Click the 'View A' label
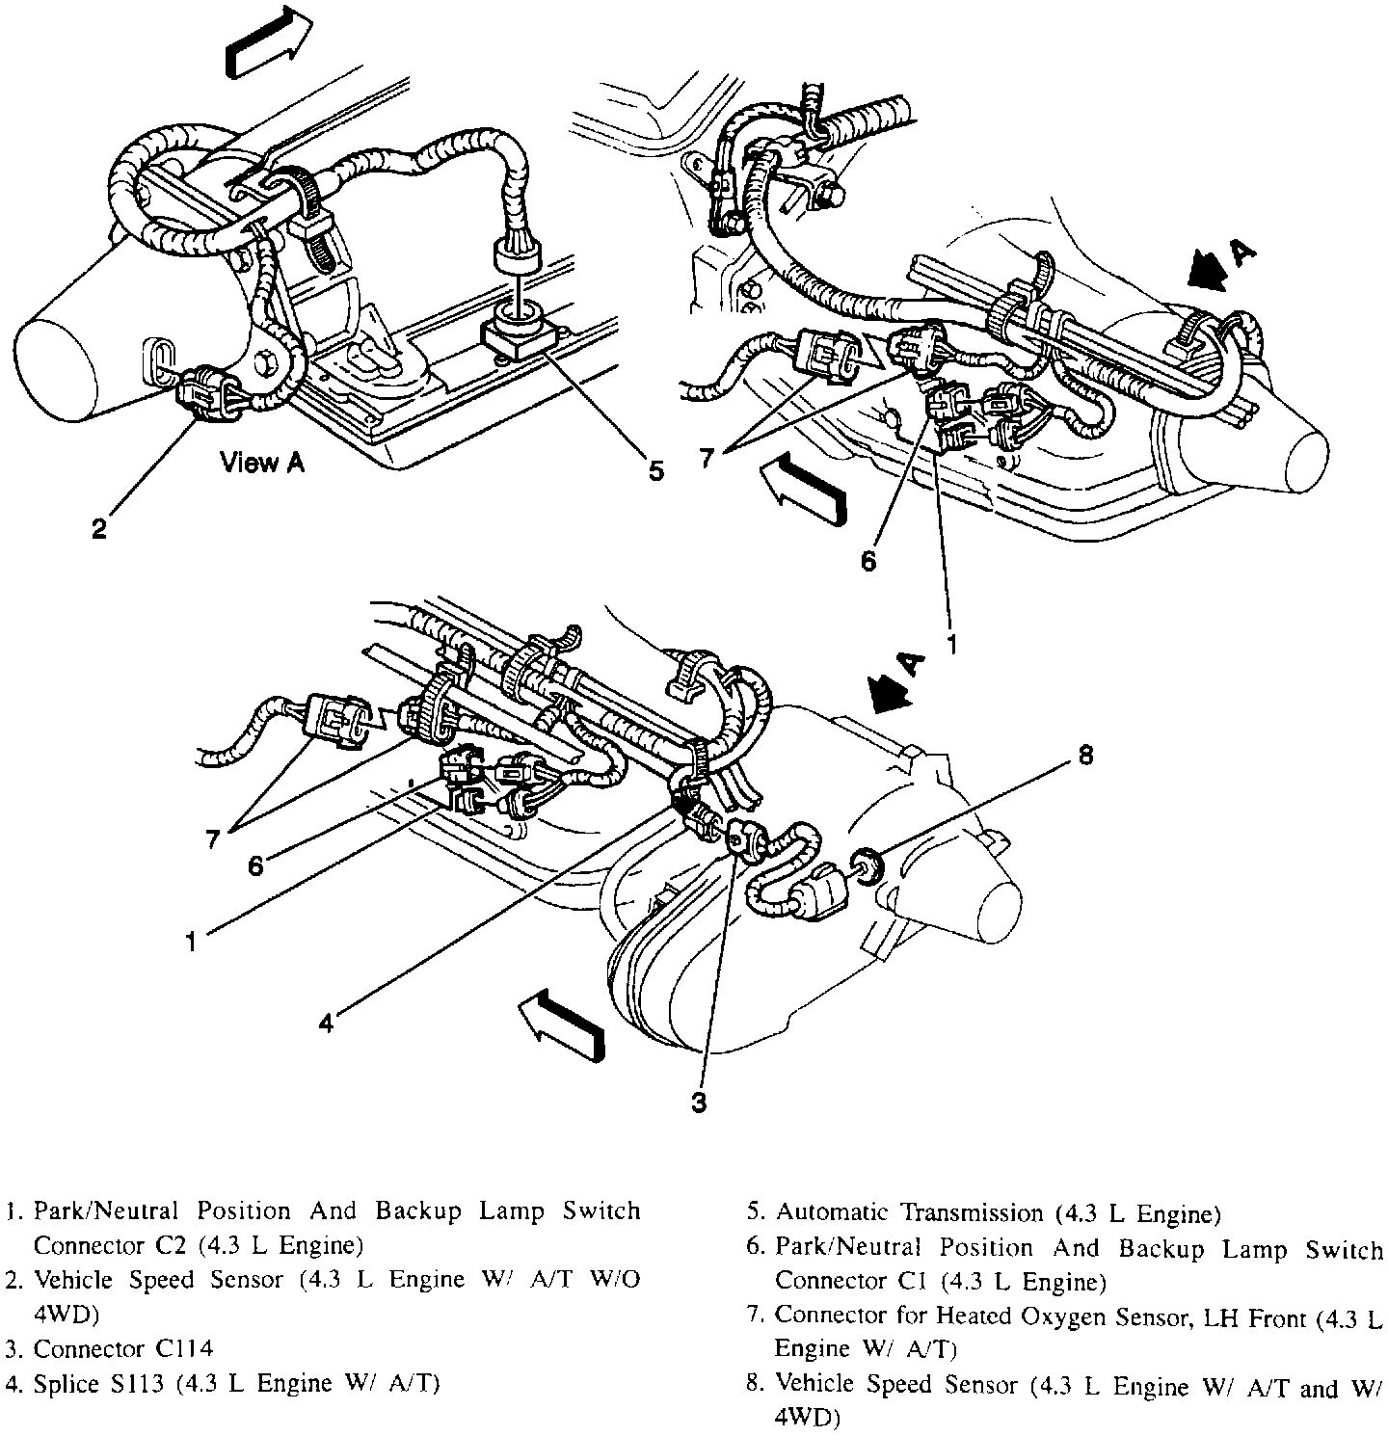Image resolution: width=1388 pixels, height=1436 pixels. coord(262,464)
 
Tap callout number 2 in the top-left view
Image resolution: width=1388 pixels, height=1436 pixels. coord(99,528)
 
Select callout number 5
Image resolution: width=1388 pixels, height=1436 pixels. coord(655,471)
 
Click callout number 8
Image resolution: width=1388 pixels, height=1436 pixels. coord(1085,758)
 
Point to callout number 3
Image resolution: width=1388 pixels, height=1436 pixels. coord(699,1103)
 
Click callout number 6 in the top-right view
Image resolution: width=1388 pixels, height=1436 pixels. coord(868,560)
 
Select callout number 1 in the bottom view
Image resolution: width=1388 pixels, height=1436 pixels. coord(192,941)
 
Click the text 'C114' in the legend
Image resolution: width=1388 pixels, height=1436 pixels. coord(182,1349)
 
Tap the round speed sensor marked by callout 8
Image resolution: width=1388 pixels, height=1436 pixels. coord(865,864)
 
